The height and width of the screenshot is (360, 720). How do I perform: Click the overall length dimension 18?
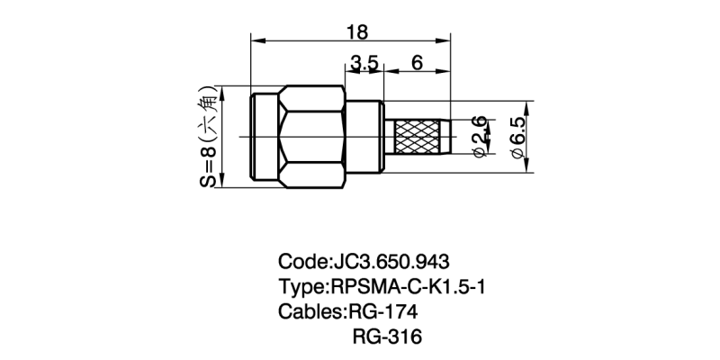tap(356, 31)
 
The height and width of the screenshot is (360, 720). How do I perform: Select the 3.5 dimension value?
tap(364, 63)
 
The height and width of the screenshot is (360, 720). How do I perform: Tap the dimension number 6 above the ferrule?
tap(417, 63)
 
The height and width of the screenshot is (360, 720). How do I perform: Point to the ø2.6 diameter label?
tap(481, 136)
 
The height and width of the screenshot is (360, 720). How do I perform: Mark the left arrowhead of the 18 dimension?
tap(255, 40)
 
